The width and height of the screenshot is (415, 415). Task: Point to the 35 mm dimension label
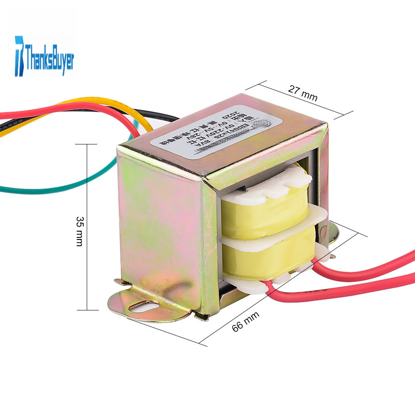coord(79,231)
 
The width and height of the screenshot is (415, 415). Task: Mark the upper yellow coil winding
coord(266,216)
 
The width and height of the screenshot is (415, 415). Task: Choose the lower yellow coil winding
coord(270,259)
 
